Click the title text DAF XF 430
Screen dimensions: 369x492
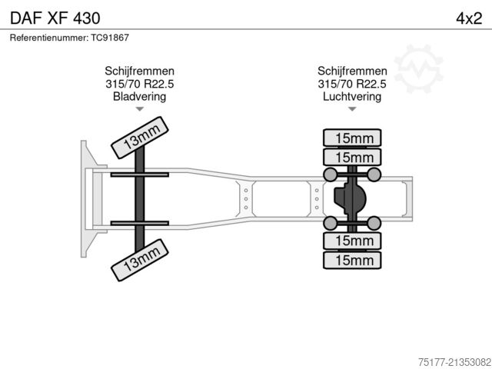click(x=53, y=17)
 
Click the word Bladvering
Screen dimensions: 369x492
click(x=139, y=96)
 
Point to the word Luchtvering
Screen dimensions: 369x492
click(x=352, y=96)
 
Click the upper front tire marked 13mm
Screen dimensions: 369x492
click(x=139, y=138)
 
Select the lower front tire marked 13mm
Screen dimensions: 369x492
click(x=139, y=260)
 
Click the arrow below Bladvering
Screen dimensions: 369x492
click(x=139, y=109)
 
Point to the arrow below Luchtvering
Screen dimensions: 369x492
click(x=352, y=109)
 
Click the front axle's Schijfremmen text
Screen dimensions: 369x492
click(x=139, y=71)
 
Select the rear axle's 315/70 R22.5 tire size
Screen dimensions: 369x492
click(x=352, y=83)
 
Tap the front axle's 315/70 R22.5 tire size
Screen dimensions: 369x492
click(x=139, y=83)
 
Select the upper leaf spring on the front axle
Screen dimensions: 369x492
click(x=139, y=175)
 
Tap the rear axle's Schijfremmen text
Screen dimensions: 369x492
click(x=352, y=71)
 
